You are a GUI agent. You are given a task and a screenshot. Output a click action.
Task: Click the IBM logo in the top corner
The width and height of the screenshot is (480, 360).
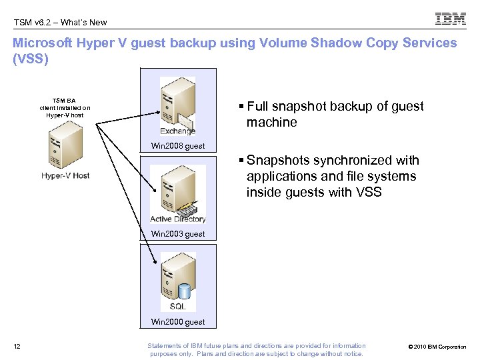(450, 19)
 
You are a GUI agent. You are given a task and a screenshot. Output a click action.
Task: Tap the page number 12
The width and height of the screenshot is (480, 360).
(17, 346)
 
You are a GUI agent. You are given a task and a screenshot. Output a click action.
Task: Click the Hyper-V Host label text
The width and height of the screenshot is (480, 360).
(65, 176)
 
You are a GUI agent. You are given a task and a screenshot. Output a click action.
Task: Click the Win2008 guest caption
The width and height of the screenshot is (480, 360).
(178, 146)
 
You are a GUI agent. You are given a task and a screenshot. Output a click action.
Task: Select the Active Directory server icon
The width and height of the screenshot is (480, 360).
(176, 189)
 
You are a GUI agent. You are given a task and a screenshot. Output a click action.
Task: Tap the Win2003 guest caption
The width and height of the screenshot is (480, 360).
(178, 234)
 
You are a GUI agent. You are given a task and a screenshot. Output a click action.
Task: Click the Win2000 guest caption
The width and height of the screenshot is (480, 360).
(178, 322)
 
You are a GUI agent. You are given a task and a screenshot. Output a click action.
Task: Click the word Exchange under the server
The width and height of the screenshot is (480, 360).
(177, 131)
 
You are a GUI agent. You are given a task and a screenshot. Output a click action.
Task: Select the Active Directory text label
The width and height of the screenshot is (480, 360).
(178, 219)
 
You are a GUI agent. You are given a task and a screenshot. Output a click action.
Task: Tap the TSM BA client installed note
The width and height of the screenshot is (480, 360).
(65, 107)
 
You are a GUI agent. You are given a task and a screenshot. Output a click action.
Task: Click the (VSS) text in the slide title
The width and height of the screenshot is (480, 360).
(31, 58)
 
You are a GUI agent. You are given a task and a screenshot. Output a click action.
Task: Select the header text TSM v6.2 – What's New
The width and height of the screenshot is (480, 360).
(60, 22)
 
